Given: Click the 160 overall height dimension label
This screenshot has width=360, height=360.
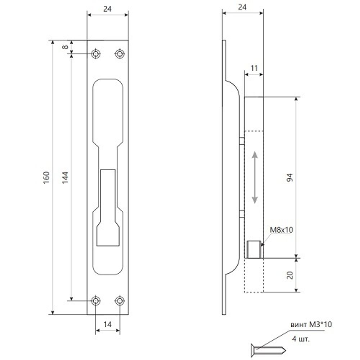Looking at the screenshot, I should [46, 177].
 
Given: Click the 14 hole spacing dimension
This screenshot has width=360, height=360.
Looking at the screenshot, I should [107, 324].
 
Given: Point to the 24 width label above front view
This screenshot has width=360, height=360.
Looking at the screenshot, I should [107, 9].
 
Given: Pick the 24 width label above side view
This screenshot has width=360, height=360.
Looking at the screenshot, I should [242, 6].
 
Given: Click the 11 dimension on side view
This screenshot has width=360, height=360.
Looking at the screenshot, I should [253, 67].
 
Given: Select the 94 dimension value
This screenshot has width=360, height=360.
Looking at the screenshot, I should [291, 177].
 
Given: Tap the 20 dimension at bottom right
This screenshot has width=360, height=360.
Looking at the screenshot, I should [291, 275].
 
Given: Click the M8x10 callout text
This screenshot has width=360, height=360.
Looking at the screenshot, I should [280, 230].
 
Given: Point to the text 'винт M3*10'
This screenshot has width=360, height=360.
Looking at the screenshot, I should [311, 325].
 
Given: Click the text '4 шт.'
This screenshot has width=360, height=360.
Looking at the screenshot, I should [301, 339].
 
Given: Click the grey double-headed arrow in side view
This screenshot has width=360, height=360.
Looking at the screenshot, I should [255, 177].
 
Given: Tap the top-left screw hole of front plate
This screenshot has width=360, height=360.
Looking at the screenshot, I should [95, 54].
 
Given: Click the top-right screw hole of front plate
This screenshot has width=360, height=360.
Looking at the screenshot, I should [120, 54].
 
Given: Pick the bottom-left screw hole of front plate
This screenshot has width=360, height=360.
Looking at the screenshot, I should [95, 300].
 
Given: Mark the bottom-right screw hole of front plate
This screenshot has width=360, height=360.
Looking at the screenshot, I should [120, 300].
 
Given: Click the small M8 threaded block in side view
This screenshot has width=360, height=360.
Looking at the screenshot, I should [254, 249].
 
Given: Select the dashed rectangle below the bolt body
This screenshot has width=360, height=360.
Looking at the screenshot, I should [254, 275].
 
